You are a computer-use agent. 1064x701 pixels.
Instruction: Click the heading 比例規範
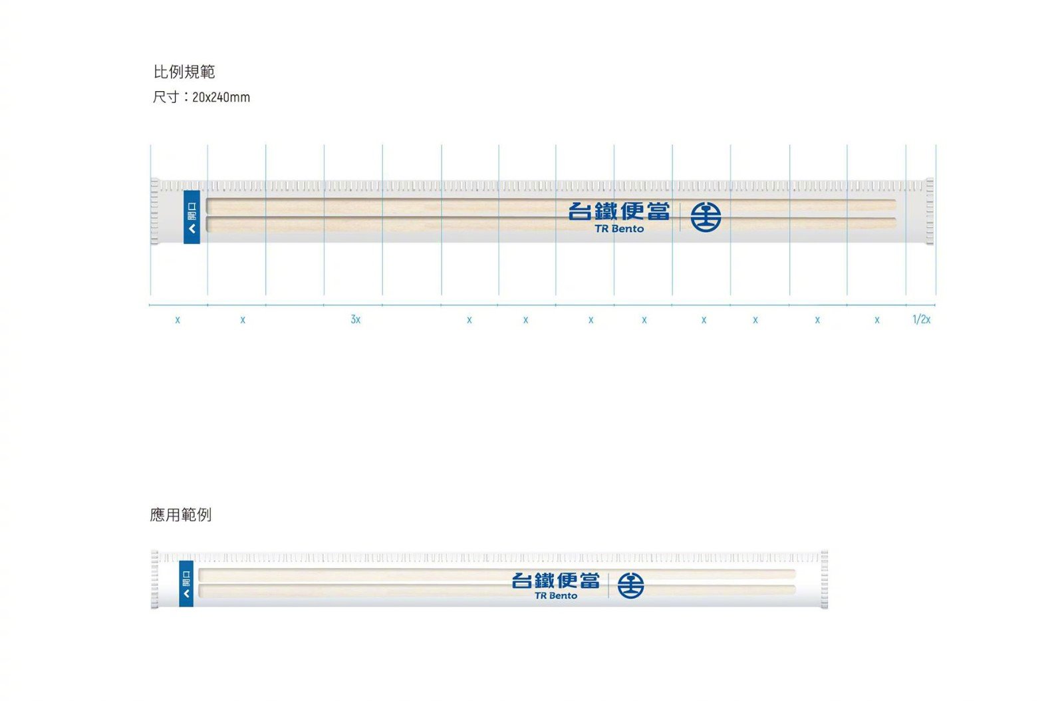coord(184,72)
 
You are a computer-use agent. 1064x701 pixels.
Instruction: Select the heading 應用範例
coord(181,515)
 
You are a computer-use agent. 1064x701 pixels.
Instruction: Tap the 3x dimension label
coord(356,320)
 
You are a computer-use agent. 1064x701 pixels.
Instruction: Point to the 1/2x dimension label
coord(921,320)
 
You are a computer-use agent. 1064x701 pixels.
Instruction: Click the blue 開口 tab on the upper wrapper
coord(192,217)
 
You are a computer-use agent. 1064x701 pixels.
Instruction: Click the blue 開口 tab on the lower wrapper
coord(186,583)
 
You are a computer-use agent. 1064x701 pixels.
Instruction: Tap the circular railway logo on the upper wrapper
coord(706,217)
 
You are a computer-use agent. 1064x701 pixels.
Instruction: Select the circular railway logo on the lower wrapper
coord(630,585)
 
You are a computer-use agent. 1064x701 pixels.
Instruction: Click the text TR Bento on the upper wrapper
coord(619,229)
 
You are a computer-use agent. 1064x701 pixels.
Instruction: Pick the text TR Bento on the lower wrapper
coord(556,596)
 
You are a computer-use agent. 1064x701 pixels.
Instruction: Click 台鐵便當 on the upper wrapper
coord(619,211)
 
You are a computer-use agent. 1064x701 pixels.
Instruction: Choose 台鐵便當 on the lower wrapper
coord(556,580)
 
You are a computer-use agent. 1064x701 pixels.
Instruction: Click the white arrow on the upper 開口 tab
coord(192,229)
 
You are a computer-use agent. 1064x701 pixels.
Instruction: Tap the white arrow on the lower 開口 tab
coord(186,593)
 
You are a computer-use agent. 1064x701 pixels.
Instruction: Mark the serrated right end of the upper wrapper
coord(929,211)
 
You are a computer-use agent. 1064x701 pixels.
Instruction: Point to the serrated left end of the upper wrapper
coord(155,211)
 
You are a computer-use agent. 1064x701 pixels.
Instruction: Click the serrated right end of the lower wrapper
coord(824,579)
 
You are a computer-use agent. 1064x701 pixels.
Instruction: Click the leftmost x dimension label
coord(178,320)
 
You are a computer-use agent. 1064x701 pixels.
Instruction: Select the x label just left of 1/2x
coord(877,320)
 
